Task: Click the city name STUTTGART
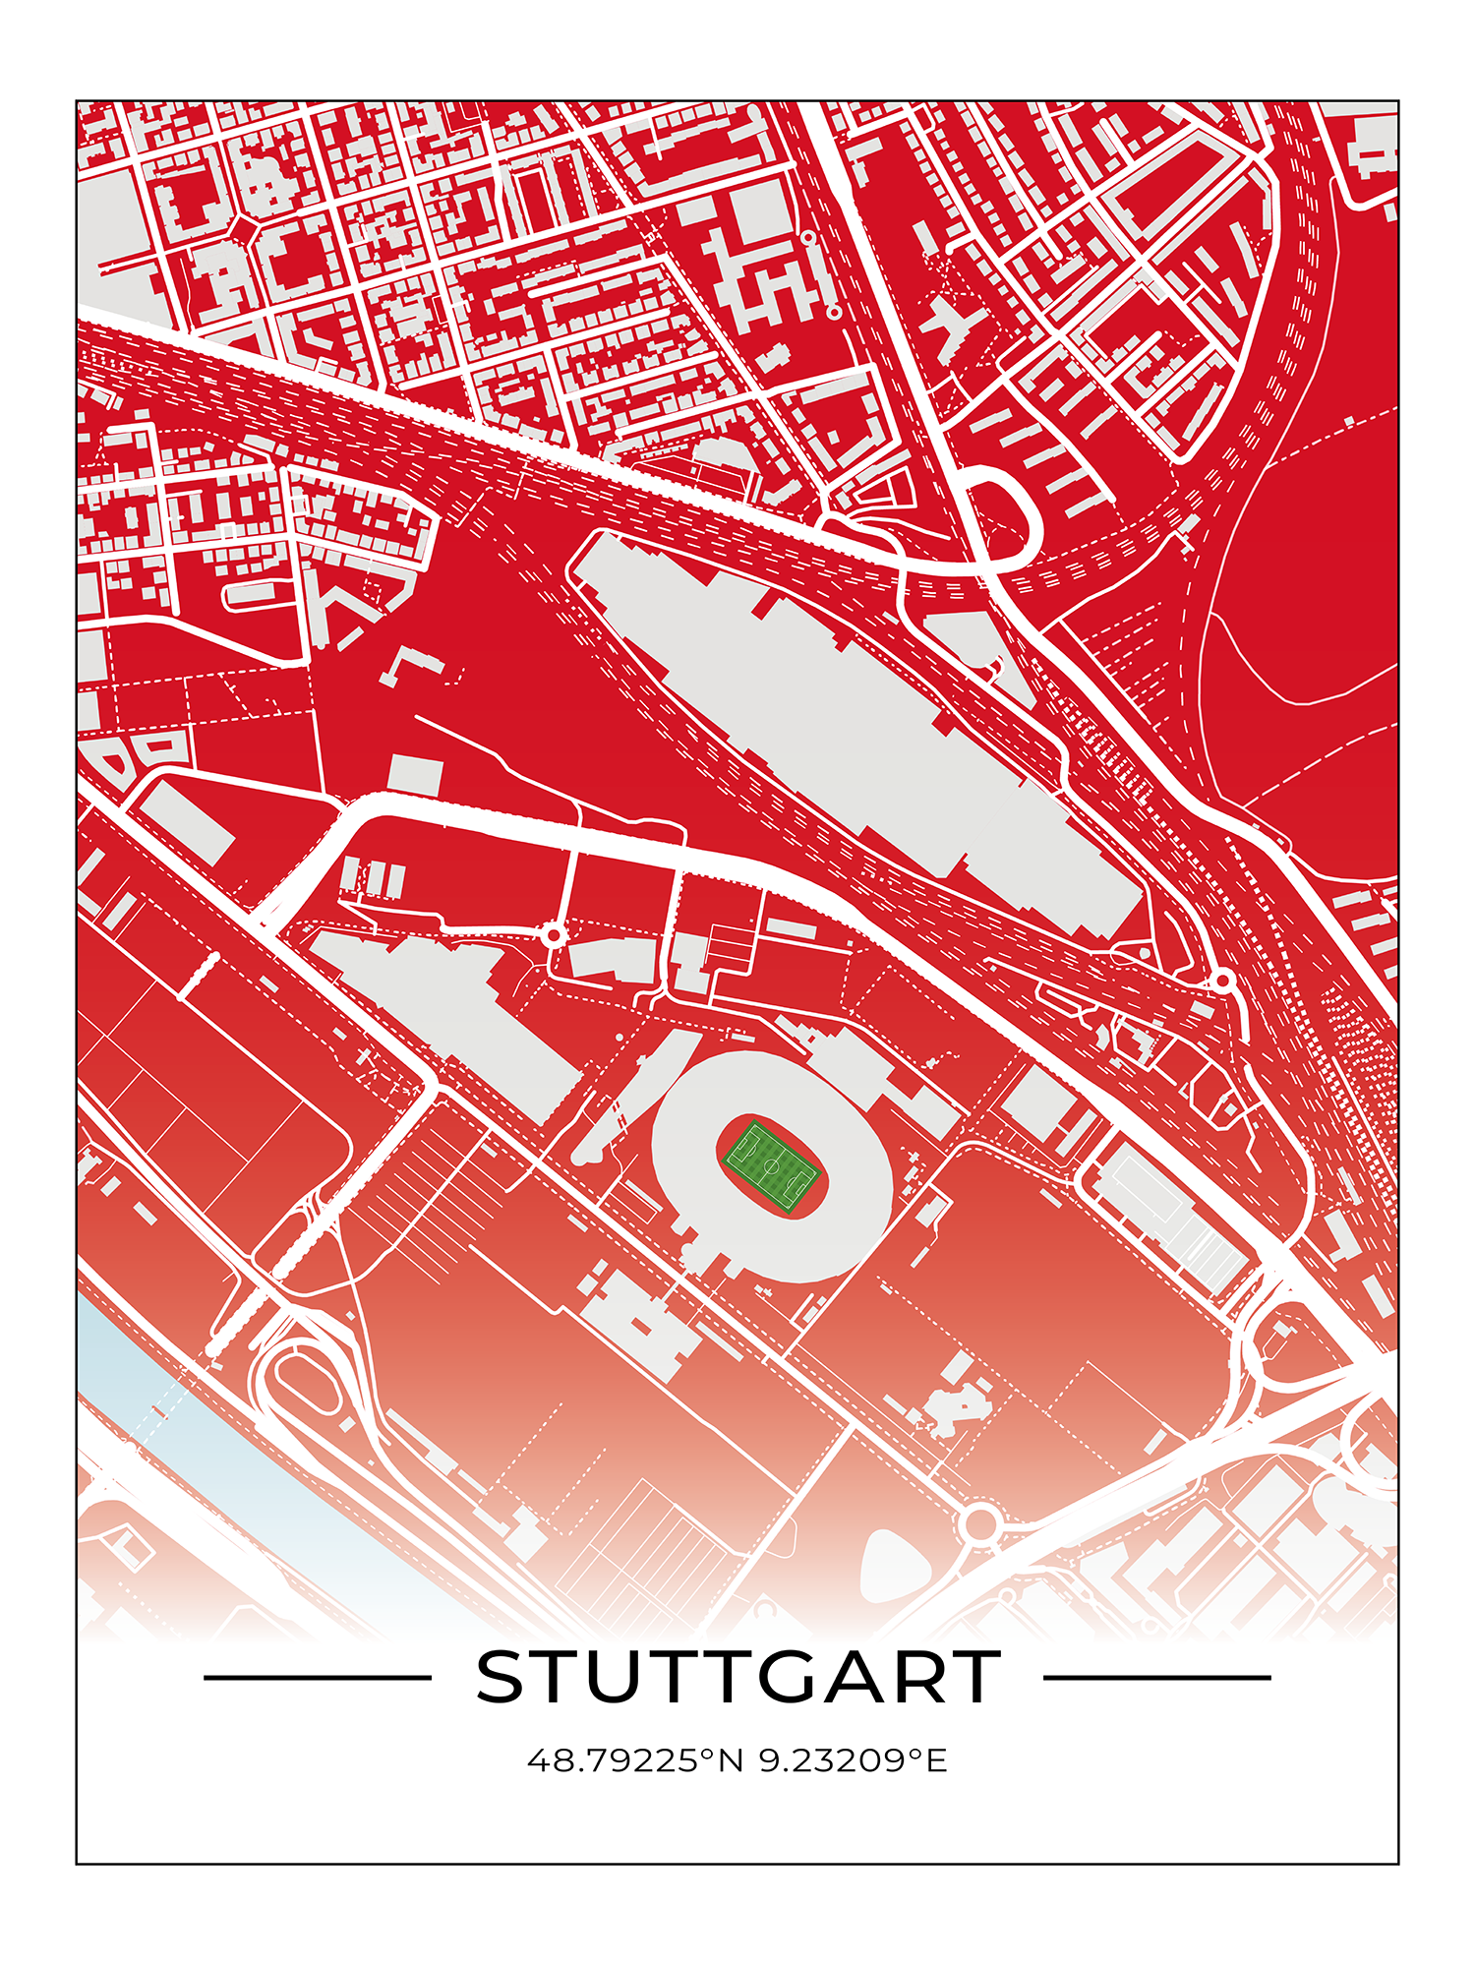[737, 1678]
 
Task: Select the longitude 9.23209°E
[853, 1760]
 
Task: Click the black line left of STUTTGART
[317, 1678]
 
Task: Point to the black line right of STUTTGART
[1156, 1678]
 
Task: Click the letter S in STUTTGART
[502, 1678]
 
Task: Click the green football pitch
[772, 1167]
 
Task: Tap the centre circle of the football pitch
[772, 1167]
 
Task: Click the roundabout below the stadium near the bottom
[979, 1523]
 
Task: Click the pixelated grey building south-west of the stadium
[639, 1323]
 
